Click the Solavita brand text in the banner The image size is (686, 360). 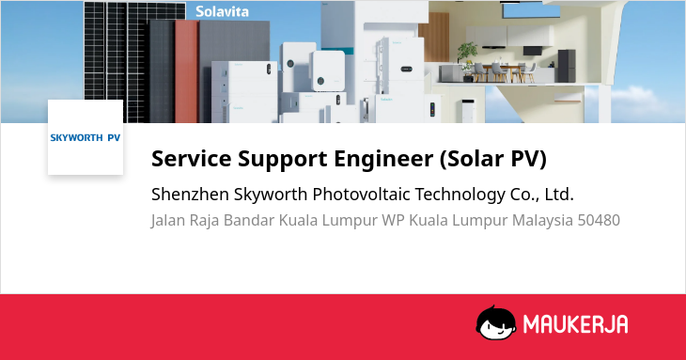[x=222, y=11]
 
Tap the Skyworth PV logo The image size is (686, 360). [x=86, y=137]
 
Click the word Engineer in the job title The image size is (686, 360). [x=383, y=158]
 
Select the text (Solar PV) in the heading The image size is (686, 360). [x=493, y=158]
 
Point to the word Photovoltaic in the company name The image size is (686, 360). [x=361, y=194]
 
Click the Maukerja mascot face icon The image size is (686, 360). [x=495, y=322]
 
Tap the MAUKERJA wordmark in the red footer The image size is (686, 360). [x=575, y=324]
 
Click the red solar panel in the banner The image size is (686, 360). [x=187, y=70]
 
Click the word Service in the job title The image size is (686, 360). [x=191, y=158]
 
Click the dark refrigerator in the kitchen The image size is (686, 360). [x=566, y=66]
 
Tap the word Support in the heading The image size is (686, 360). [x=283, y=158]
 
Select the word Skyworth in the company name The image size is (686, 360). [x=271, y=194]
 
